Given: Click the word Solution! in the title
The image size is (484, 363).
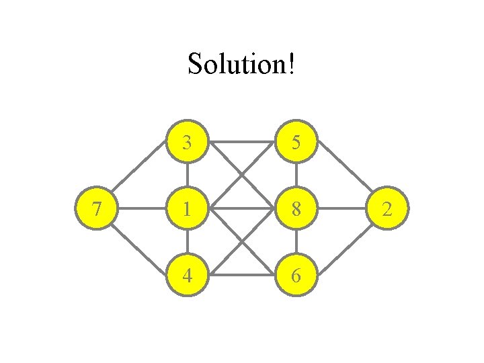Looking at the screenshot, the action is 241,65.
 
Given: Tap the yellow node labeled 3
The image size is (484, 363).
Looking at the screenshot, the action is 187,143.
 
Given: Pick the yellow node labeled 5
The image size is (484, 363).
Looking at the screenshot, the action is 296,143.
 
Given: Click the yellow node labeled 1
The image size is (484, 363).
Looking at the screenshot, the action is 187,209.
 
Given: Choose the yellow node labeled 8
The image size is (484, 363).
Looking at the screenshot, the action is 296,209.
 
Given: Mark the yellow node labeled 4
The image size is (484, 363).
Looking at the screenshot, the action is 187,275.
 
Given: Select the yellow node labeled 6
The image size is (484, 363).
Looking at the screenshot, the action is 296,275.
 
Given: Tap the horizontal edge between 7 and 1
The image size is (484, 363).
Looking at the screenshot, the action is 143,209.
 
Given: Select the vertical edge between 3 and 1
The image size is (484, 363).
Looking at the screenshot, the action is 187,176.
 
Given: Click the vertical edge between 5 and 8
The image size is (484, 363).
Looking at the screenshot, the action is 296,176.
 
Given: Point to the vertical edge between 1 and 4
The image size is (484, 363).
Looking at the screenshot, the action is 187,242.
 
